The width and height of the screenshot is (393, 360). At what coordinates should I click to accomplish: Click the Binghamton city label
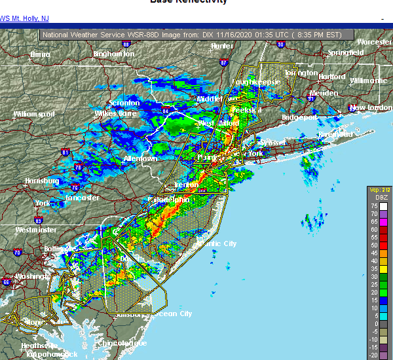pyautogui.click(x=113, y=54)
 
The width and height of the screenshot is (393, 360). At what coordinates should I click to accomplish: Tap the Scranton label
pyautogui.click(x=124, y=103)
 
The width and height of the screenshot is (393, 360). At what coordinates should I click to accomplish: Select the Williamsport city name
pyautogui.click(x=35, y=114)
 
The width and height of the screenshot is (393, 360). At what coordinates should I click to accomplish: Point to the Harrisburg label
pyautogui.click(x=42, y=181)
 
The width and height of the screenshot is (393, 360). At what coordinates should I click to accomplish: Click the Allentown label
pyautogui.click(x=140, y=158)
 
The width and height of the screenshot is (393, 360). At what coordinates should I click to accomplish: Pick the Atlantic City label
pyautogui.click(x=218, y=243)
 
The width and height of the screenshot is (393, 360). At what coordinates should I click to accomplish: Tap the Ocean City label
pyautogui.click(x=172, y=314)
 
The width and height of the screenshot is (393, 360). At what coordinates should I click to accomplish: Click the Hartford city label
pyautogui.click(x=331, y=77)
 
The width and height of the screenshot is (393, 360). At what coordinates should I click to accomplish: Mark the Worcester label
pyautogui.click(x=374, y=42)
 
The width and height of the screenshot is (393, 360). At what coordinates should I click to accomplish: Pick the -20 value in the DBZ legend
pyautogui.click(x=373, y=355)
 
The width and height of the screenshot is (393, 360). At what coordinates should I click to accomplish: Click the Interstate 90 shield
pyautogui.click(x=280, y=45)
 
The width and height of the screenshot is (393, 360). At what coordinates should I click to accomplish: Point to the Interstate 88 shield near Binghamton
pyautogui.click(x=126, y=45)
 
